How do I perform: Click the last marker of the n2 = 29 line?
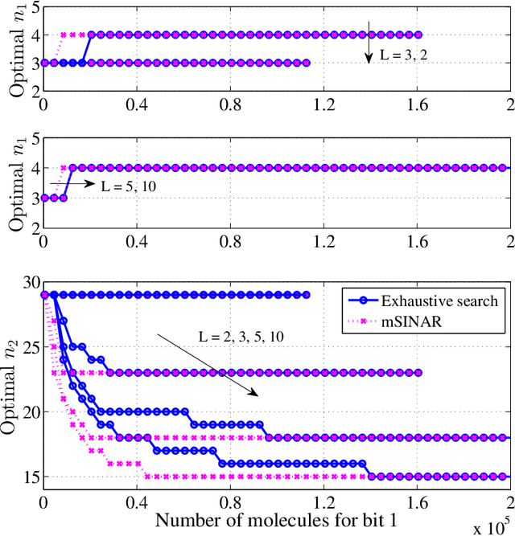point(307,295)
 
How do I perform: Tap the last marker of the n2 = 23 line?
point(418,373)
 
